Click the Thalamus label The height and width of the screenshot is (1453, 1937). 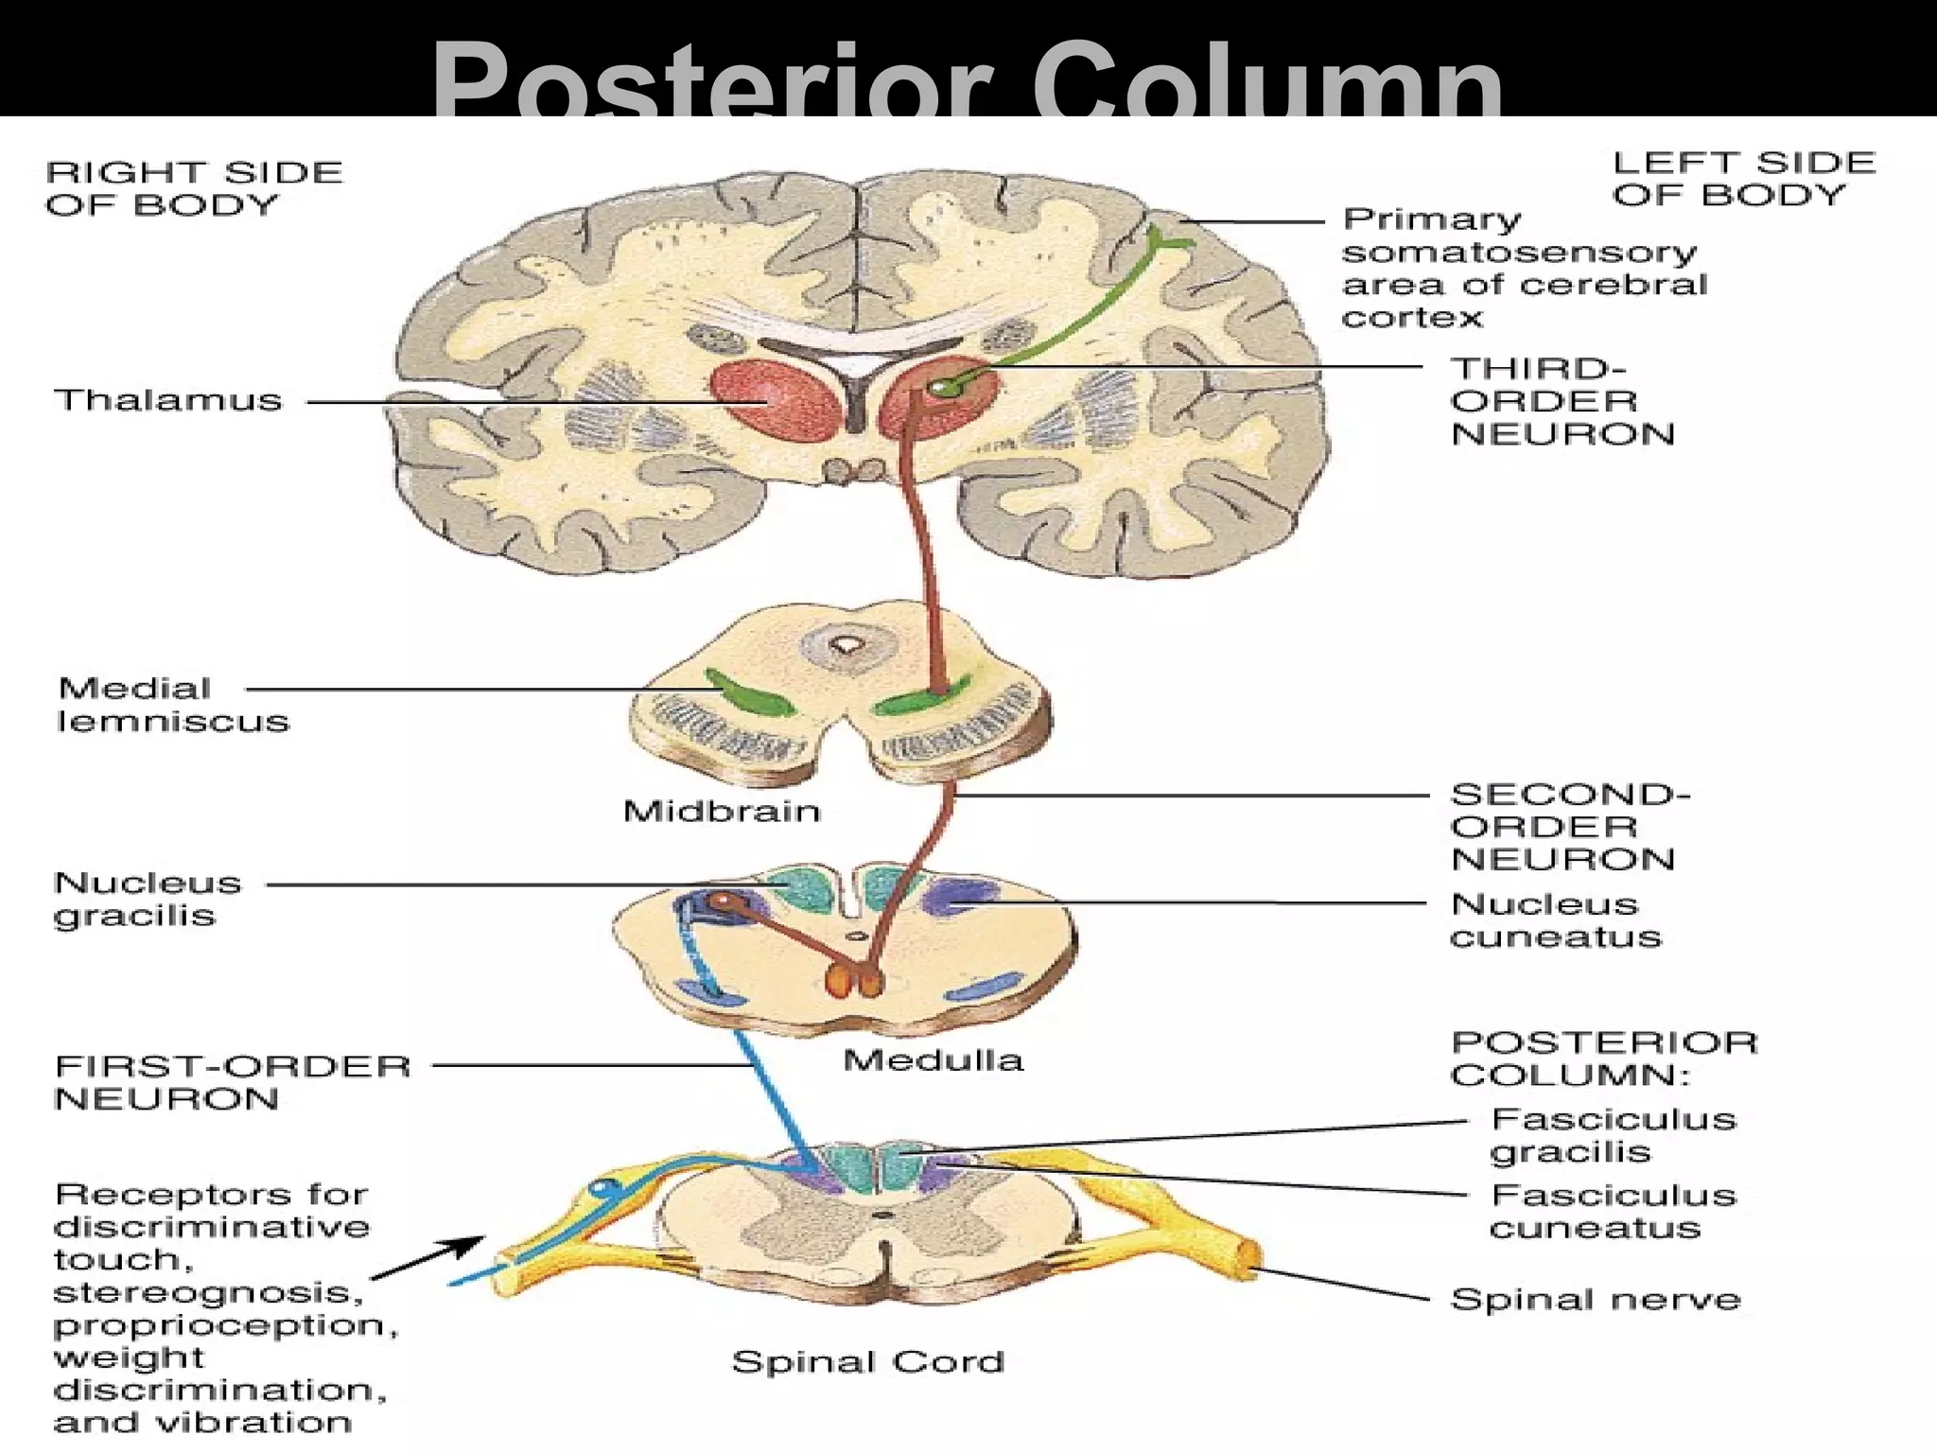pyautogui.click(x=168, y=400)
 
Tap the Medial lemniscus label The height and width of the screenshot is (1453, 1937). pyautogui.click(x=172, y=705)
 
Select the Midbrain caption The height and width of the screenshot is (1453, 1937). pyautogui.click(x=722, y=812)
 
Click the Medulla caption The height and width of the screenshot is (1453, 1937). pyautogui.click(x=933, y=1060)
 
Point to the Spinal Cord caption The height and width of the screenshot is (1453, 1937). pyautogui.click(x=867, y=1362)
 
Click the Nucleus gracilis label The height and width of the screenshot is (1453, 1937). pyautogui.click(x=148, y=899)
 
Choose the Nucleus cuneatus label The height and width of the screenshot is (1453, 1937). pyautogui.click(x=1555, y=920)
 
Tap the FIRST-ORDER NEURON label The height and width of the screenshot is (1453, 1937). pyautogui.click(x=233, y=1082)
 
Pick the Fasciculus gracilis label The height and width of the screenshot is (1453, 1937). pyautogui.click(x=1614, y=1135)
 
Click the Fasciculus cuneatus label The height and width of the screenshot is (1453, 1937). pyautogui.click(x=1614, y=1212)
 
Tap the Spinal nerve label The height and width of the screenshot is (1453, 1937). pyautogui.click(x=1595, y=1300)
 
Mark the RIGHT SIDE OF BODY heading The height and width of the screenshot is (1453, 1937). pyautogui.click(x=194, y=188)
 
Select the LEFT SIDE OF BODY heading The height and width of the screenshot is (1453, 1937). pyautogui.click(x=1743, y=179)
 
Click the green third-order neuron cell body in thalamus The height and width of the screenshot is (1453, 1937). pyautogui.click(x=939, y=387)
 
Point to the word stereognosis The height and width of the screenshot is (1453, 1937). pyautogui.click(x=208, y=1293)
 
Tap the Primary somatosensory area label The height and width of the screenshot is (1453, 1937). pyautogui.click(x=1523, y=269)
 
